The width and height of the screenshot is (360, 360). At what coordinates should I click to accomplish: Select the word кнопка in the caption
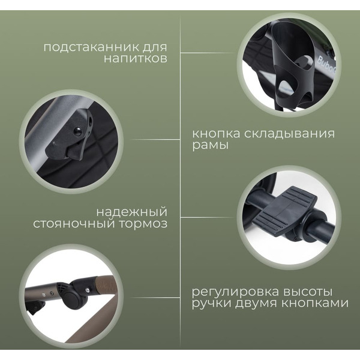point(217,133)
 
